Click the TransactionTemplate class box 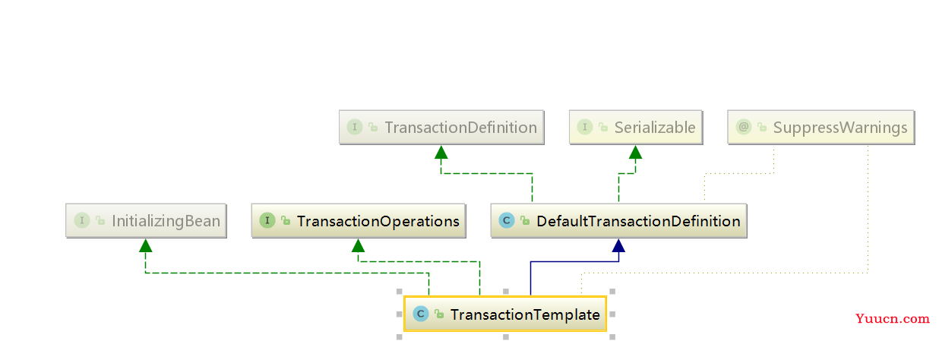(505, 314)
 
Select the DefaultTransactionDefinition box (618, 221)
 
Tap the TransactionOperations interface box (359, 221)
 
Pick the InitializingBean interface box (146, 221)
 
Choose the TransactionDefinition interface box (441, 128)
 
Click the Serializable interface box (636, 128)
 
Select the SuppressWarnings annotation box (820, 128)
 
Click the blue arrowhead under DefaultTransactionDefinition (618, 245)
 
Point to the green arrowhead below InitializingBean (145, 245)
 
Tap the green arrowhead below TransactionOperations (358, 245)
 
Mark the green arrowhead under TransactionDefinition (441, 152)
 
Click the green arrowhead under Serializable (636, 152)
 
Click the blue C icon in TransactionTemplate (421, 314)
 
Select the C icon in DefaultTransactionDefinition (507, 220)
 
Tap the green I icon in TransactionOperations (267, 220)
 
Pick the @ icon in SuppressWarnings (743, 127)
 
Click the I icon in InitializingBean (82, 220)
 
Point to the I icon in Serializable (585, 127)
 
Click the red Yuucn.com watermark (893, 318)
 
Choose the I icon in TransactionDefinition (355, 127)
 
